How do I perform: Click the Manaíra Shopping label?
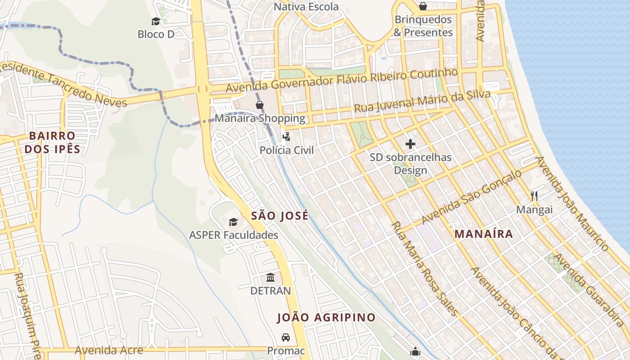[260, 118]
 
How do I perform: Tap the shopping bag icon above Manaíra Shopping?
[260, 105]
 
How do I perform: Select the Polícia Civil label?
[287, 150]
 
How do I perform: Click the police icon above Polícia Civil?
[286, 136]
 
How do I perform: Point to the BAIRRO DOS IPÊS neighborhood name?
[52, 142]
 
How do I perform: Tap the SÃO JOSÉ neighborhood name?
[280, 216]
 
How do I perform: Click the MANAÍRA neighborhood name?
[484, 234]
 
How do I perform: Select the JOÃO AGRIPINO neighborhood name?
[326, 317]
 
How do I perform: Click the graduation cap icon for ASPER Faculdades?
[233, 222]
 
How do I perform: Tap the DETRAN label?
[270, 291]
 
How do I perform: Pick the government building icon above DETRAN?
[270, 277]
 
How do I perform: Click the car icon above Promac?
[286, 337]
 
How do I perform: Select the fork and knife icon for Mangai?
[534, 196]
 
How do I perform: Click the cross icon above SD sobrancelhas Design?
[410, 144]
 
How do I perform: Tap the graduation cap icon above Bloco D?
[156, 21]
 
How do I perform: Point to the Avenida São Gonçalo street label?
[472, 197]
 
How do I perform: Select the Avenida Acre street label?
[109, 350]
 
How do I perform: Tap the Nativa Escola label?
[306, 7]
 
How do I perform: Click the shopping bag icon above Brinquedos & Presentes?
[423, 6]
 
